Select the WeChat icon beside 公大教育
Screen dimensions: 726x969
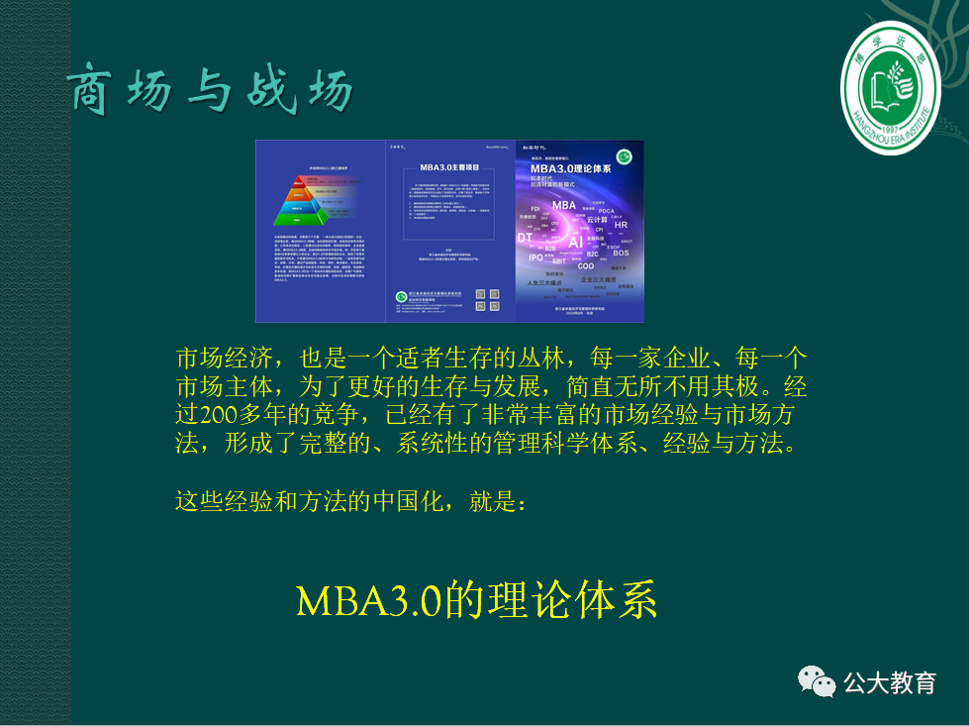[x=818, y=682]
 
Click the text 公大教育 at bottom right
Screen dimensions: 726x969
[x=889, y=682]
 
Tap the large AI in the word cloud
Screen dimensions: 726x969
[x=575, y=241]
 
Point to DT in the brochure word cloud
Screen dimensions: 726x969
[x=525, y=238]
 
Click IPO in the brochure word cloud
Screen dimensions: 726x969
[x=535, y=258]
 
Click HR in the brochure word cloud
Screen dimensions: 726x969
[x=621, y=225]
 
